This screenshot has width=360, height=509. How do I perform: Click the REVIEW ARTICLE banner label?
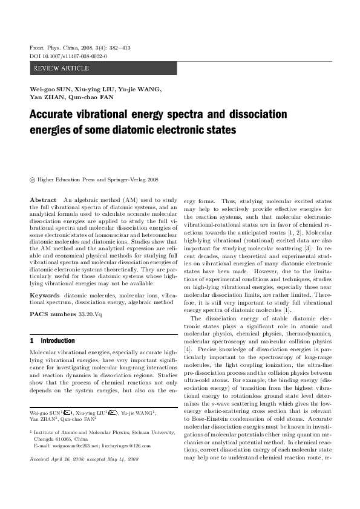pyautogui.click(x=61, y=68)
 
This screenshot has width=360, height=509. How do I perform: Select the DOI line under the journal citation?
pyautogui.click(x=64, y=56)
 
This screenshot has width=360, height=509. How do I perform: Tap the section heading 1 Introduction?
pyautogui.click(x=53, y=341)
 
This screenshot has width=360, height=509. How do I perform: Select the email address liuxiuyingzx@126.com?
pyautogui.click(x=126, y=446)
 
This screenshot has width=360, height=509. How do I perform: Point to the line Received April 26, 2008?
pyautogui.click(x=61, y=459)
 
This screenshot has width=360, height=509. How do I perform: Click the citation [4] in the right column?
pyautogui.click(x=188, y=349)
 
